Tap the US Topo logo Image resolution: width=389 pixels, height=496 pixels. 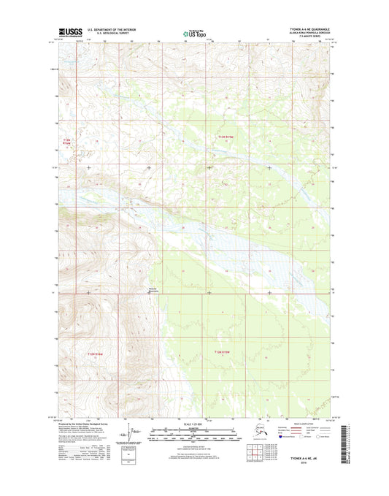(x=193, y=33)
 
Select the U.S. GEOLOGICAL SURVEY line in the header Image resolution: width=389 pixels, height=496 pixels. (x=109, y=34)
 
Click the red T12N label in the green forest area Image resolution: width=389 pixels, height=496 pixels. (x=222, y=353)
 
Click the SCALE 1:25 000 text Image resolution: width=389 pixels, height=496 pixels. (x=193, y=424)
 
